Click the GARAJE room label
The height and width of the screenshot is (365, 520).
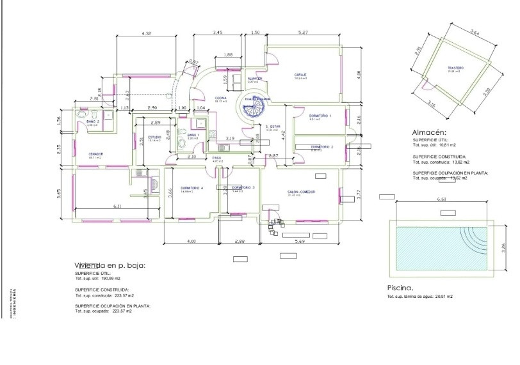coord(301,75)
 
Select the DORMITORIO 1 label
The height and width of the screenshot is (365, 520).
coord(320,116)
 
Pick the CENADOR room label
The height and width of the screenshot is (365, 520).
coord(96,153)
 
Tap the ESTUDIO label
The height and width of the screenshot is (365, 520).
coord(155,137)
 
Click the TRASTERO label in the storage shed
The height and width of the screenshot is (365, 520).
coord(455,68)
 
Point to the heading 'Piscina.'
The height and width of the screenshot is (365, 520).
coord(403,288)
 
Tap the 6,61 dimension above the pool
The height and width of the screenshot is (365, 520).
coord(441,200)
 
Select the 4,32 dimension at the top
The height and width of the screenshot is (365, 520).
coord(146,33)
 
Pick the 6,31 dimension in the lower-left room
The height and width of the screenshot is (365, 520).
coord(117,206)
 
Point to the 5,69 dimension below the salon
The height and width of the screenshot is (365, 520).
coord(300,241)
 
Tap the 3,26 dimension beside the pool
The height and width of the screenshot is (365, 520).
coord(503,246)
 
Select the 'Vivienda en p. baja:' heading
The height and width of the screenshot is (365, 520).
coord(110,265)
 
